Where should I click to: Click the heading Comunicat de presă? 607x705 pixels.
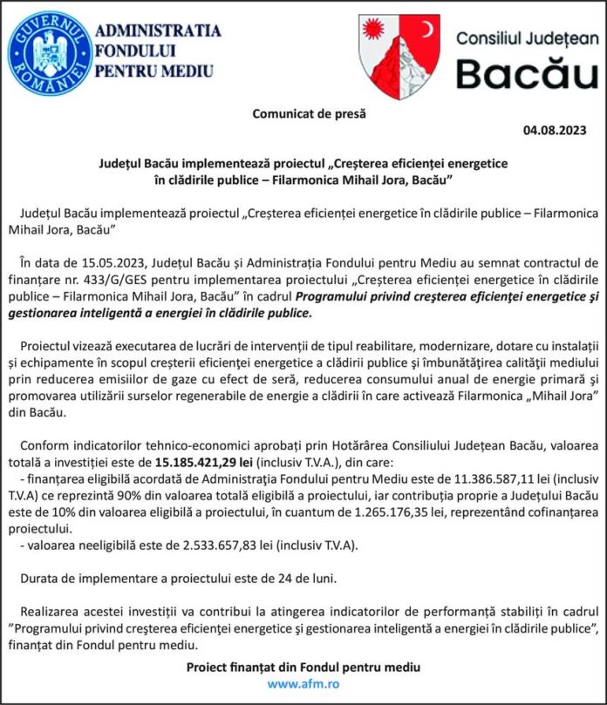310,113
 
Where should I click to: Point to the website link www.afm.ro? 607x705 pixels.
303,684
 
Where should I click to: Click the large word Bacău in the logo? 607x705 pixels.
527,74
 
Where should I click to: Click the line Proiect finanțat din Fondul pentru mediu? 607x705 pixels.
303,667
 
